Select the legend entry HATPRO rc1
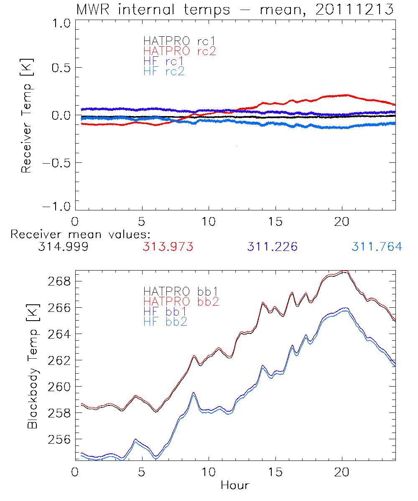point(175,41)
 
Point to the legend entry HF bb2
point(166,321)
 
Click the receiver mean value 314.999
point(63,247)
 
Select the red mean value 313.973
point(168,247)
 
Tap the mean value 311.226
point(273,247)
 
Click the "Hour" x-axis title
point(235,486)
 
